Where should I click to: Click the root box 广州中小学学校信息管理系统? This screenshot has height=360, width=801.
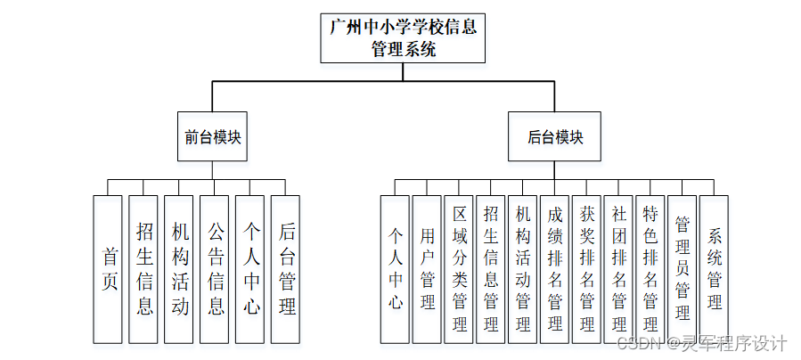tap(403, 38)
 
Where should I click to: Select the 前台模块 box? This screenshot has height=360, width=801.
tap(213, 137)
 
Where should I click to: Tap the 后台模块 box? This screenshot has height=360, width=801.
tap(555, 137)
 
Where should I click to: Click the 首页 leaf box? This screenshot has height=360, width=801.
tap(108, 269)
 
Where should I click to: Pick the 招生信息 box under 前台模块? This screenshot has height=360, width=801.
tap(143, 269)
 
